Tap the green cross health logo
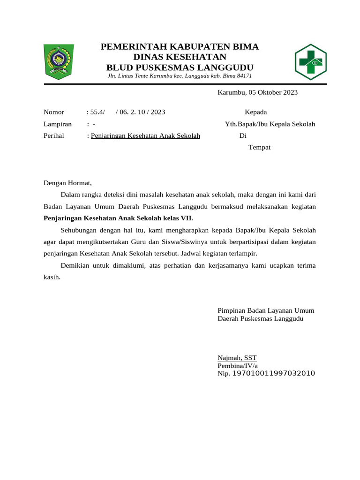tap(310, 61)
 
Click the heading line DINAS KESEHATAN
tap(180, 57)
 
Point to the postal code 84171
tap(244, 75)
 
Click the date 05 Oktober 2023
tap(273, 92)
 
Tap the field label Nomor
tap(54, 112)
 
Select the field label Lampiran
tap(58, 124)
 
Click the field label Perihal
tap(54, 136)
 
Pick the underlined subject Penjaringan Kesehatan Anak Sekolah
tap(145, 136)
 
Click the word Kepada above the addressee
tap(256, 112)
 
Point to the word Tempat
tap(259, 147)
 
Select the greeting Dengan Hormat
tap(68, 183)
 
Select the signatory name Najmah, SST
tap(237, 357)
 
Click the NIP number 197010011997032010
tap(273, 374)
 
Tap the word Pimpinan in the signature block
tap(231, 310)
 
